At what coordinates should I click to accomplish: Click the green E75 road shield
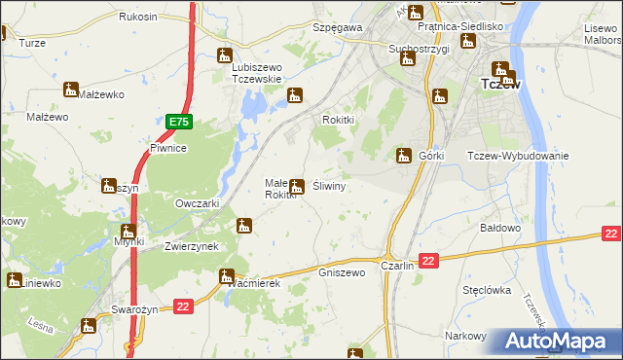coord(178,122)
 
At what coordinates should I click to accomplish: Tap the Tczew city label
coord(500,85)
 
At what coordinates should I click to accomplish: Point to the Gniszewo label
coord(342,272)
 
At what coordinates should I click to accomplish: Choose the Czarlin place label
coord(398,266)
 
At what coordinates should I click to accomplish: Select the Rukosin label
coord(138,18)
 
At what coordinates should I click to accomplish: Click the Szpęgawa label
coord(337,28)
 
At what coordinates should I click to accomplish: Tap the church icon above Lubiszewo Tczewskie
coord(225,55)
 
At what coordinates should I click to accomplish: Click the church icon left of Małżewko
coord(69,90)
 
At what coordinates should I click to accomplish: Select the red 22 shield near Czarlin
coord(430,259)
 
